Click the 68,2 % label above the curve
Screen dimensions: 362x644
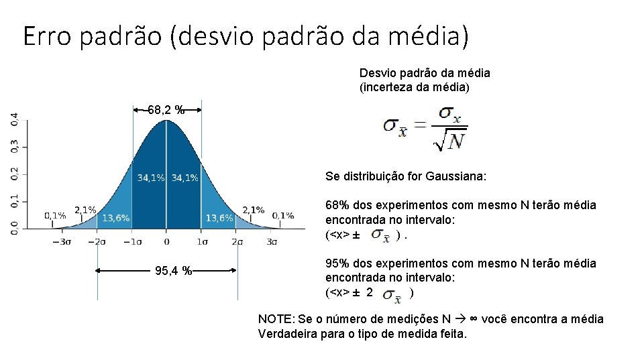[166, 110]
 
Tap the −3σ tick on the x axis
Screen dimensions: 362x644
[62, 241]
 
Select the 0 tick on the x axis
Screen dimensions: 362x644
[166, 241]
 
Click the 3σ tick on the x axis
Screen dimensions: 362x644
[271, 241]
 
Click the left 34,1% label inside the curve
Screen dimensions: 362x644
[150, 178]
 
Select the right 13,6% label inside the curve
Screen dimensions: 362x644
[219, 218]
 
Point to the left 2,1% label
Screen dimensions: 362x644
[85, 209]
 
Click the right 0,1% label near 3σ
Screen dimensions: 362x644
[283, 215]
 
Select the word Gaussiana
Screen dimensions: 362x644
[460, 177]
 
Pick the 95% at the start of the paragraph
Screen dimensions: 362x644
[337, 263]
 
